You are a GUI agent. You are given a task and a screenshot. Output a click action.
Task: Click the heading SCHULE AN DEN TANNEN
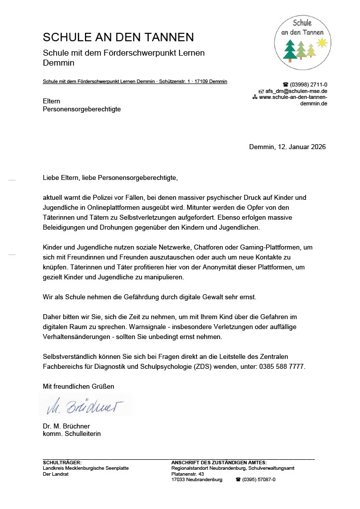tap(118, 37)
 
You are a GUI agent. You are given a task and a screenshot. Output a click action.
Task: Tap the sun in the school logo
tap(323, 43)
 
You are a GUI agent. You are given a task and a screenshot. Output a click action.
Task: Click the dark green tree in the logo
tap(290, 50)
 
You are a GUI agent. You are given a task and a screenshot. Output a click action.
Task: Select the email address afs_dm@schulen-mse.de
tap(295, 91)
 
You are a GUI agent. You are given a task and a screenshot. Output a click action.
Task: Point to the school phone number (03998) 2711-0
tap(308, 85)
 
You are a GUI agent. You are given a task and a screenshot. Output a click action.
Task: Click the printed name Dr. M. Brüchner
tap(66, 426)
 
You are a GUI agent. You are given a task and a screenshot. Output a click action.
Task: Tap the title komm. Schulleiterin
tap(72, 433)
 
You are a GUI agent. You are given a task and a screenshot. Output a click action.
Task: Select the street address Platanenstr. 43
tap(187, 474)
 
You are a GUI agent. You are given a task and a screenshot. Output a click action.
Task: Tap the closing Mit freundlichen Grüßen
tap(79, 386)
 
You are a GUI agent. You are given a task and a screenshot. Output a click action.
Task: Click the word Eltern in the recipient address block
tap(52, 101)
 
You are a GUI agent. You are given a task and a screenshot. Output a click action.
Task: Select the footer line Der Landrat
tap(56, 474)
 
